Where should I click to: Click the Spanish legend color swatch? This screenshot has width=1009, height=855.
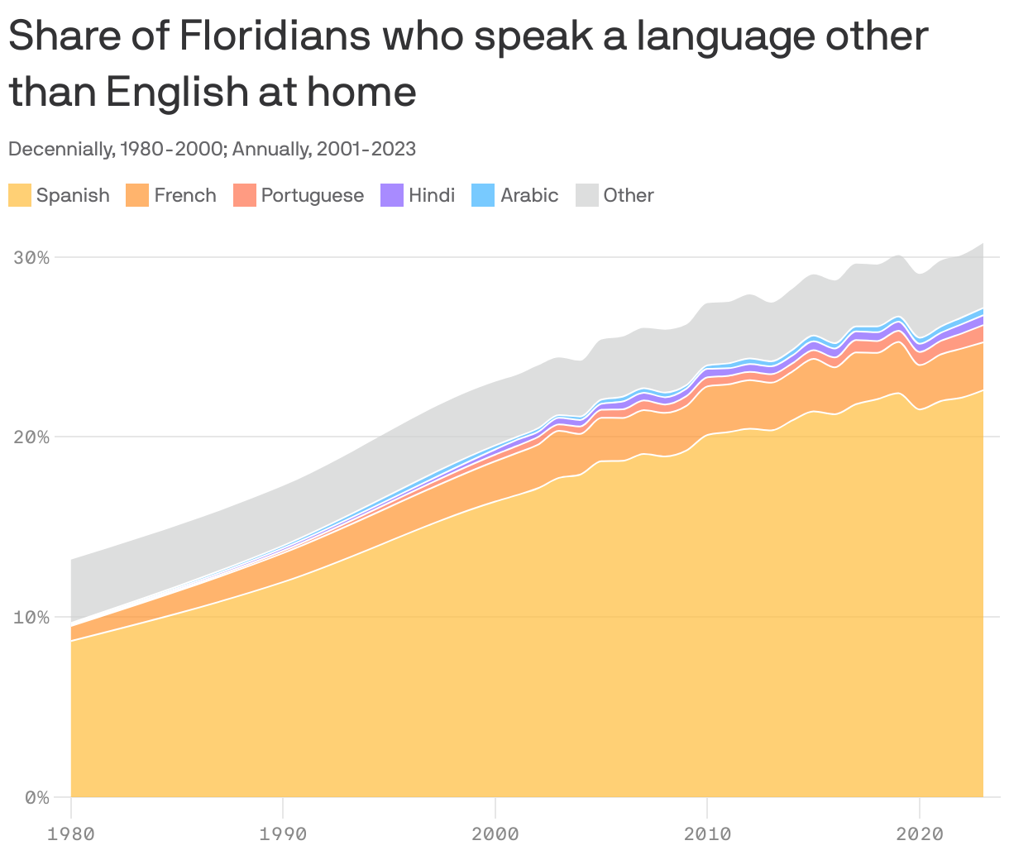(20, 195)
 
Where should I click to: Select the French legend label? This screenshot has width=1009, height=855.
(185, 195)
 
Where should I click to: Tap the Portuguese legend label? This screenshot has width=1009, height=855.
(312, 195)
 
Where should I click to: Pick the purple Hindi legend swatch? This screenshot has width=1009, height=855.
(391, 195)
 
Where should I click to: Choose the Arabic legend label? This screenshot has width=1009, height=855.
(529, 195)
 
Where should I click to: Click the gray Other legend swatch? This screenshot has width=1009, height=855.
(586, 195)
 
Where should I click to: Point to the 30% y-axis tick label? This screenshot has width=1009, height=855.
(31, 257)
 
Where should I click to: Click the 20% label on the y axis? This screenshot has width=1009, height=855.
(31, 437)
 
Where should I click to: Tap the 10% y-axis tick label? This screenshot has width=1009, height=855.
(31, 617)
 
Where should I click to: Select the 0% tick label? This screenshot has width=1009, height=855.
(37, 797)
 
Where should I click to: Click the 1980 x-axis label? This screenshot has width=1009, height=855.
(71, 834)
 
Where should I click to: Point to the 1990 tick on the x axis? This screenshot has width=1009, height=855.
(283, 834)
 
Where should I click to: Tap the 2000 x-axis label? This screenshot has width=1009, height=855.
(495, 834)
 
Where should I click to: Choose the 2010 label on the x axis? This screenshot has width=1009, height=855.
(707, 834)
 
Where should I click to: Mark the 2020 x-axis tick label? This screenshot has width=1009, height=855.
(920, 834)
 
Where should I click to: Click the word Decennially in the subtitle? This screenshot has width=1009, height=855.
(58, 149)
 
